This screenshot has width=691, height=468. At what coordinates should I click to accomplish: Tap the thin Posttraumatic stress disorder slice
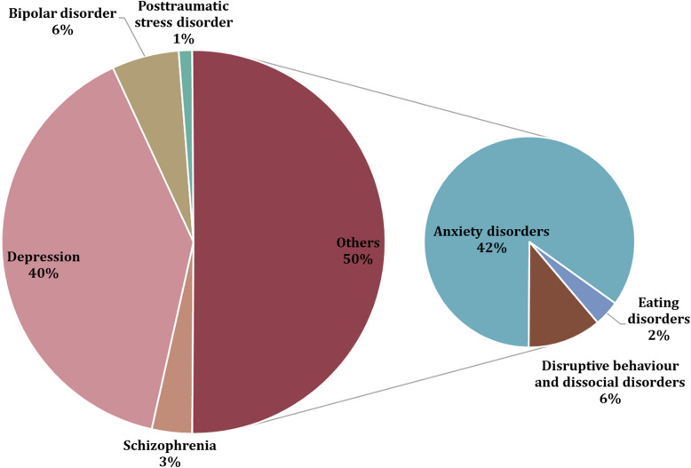(x=186, y=62)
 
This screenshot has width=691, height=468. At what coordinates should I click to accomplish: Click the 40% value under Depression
(x=44, y=274)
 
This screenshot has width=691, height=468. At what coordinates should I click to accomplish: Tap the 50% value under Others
(x=358, y=258)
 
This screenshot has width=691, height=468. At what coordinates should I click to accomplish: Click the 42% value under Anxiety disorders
(x=490, y=248)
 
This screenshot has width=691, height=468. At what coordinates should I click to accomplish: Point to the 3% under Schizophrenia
(x=170, y=461)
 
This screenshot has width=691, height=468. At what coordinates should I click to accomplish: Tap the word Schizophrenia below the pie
(x=170, y=446)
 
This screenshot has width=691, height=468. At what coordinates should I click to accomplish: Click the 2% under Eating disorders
(x=658, y=335)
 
